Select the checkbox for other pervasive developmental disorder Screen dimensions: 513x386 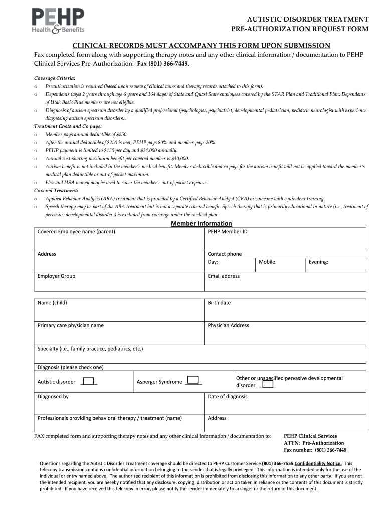coord(268,384)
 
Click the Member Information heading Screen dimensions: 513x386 coord(201,223)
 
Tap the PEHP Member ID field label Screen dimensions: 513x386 coord(227,232)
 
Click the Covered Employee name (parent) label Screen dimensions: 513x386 coord(76,232)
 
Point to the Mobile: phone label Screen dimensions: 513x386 coord(268,262)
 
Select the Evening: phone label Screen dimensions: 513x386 coord(318,262)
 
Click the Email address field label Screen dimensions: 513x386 coord(224,276)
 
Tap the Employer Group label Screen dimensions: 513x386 coord(56,276)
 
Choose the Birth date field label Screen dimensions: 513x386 coord(219,303)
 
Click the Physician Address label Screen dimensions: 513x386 coord(228,325)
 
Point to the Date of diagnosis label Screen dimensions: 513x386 coord(228,397)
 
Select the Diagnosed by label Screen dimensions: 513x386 coord(53,397)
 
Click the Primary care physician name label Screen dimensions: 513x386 coord(71,325)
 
